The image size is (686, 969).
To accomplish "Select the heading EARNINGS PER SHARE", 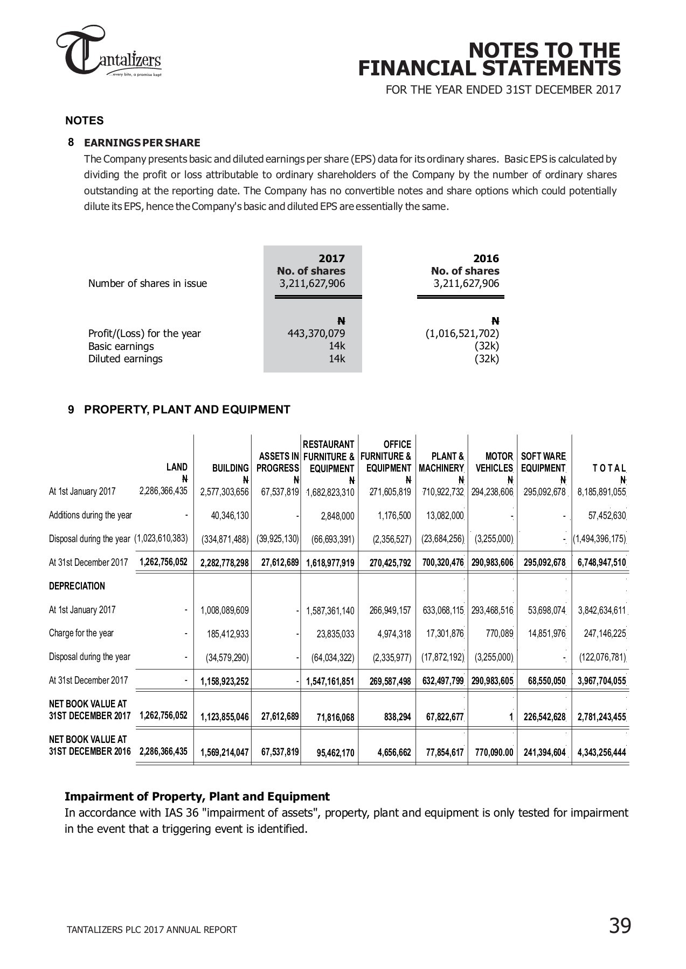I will click(x=142, y=143).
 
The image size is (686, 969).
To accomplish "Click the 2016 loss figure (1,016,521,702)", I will click(x=462, y=333).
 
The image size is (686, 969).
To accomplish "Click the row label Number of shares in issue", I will click(x=147, y=284).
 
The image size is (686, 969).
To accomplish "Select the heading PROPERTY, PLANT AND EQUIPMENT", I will click(x=187, y=410).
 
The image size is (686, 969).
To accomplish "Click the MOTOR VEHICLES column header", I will click(x=494, y=462).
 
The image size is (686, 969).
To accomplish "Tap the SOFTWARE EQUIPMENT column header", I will click(x=543, y=462).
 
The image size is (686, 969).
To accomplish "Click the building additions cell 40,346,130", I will click(x=230, y=516).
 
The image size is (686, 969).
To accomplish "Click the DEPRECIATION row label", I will click(x=77, y=586).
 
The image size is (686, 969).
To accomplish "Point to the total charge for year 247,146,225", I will click(x=605, y=634).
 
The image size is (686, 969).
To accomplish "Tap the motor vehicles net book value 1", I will click(x=510, y=717).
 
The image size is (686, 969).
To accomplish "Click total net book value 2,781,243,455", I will click(x=601, y=717).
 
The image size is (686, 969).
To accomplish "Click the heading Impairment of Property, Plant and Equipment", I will click(x=197, y=796).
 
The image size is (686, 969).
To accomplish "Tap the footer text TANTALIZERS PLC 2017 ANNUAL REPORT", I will click(x=151, y=930).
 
